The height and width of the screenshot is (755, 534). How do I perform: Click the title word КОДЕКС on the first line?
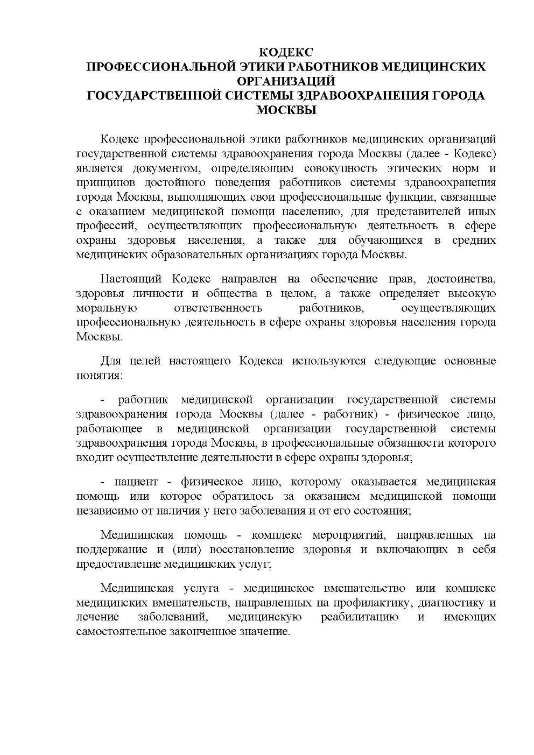click(286, 53)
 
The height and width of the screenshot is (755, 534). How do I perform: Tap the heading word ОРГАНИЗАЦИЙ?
click(286, 81)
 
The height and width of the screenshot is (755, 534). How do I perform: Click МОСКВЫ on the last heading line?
click(286, 110)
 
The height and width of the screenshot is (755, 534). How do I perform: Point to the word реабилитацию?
click(360, 617)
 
